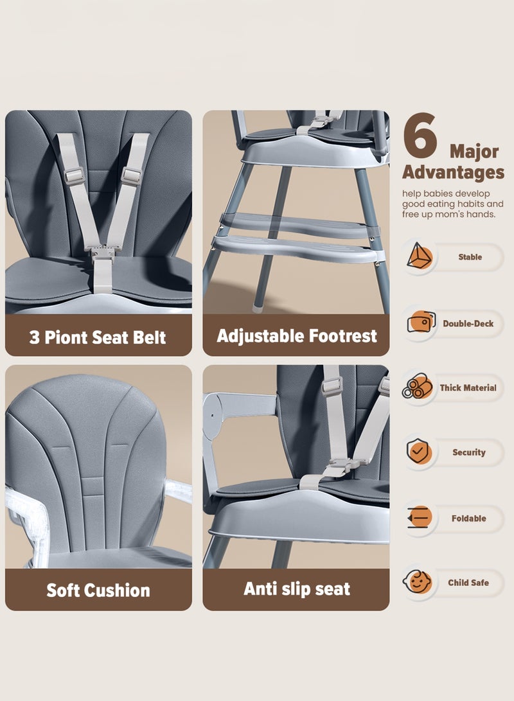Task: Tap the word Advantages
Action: click(x=453, y=172)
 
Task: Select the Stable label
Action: click(x=470, y=257)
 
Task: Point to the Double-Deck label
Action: click(x=468, y=324)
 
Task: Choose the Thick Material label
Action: click(x=468, y=388)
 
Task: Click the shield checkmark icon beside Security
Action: click(x=419, y=452)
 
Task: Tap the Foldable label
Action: click(x=468, y=519)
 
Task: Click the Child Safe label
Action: click(x=468, y=583)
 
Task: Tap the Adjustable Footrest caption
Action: click(x=296, y=335)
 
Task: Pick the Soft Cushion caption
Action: click(x=98, y=590)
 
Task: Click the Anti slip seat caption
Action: click(x=296, y=588)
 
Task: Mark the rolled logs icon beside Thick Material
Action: click(x=418, y=387)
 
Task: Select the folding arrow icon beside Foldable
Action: click(x=419, y=518)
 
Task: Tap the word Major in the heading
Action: click(x=474, y=152)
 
